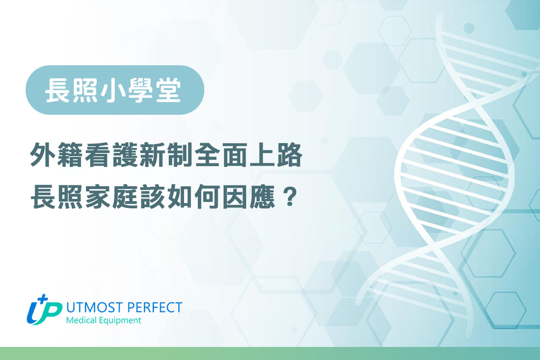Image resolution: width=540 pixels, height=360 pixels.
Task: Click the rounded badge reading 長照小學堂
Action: point(115,90)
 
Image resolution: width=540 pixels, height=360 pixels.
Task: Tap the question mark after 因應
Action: point(288,198)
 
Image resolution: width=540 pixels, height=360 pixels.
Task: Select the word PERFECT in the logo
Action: point(154,307)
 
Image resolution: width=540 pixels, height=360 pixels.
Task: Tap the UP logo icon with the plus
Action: point(44,310)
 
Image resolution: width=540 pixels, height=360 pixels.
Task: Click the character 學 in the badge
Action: point(141,90)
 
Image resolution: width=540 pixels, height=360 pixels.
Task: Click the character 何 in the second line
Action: point(208,198)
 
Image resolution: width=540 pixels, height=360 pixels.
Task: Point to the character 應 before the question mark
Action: point(263,198)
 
